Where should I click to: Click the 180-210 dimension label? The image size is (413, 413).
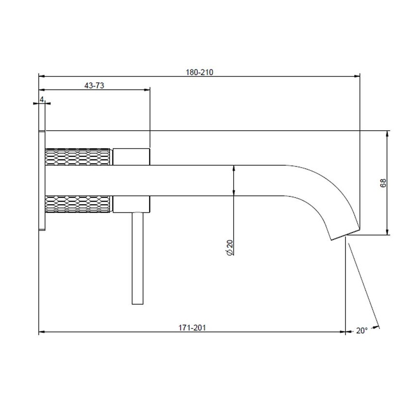tap(200, 72)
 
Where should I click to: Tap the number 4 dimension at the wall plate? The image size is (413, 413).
tap(42, 99)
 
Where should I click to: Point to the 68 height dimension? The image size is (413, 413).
tap(383, 183)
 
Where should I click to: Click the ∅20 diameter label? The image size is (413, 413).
tap(230, 247)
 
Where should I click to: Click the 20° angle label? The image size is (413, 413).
tap(361, 331)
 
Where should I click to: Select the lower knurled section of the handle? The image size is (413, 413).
tap(78, 204)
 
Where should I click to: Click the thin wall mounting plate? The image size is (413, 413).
tap(42, 180)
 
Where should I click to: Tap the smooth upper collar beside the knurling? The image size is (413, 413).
tap(131, 156)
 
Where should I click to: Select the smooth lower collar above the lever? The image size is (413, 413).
tap(131, 204)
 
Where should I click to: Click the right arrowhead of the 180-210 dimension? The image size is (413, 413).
tap(357, 76)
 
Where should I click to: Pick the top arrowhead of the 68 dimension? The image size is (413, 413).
tap(387, 133)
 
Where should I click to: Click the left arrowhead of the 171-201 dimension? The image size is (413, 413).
tap(41, 332)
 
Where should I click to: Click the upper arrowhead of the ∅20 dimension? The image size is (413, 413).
tap(234, 168)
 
